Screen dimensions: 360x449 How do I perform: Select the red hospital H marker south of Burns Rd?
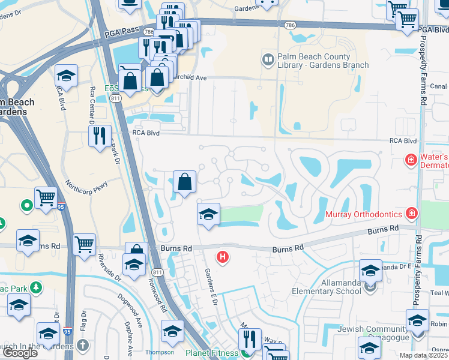pos(223,257)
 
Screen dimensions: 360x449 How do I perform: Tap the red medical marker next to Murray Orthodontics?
pos(411,212)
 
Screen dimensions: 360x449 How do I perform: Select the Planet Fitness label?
pos(211,353)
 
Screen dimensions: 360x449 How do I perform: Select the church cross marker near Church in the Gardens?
pos(82,346)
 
